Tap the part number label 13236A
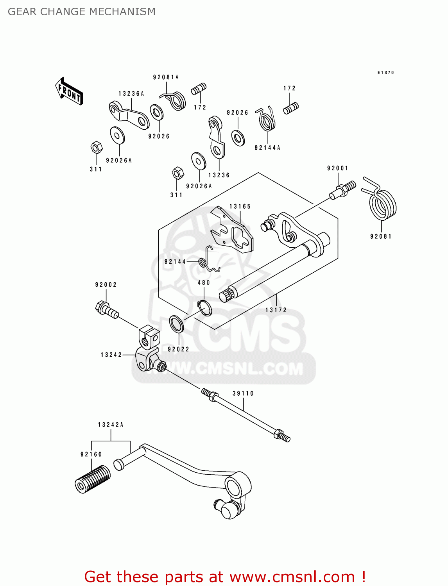(x=131, y=94)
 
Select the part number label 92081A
(x=166, y=77)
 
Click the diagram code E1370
(x=385, y=73)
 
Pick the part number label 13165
(x=240, y=206)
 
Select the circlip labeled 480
(x=205, y=308)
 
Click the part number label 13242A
(x=111, y=425)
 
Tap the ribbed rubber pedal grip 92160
(x=92, y=479)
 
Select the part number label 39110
(x=243, y=393)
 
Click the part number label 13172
(x=276, y=310)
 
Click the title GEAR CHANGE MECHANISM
(x=82, y=12)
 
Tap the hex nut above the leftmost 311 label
(x=96, y=148)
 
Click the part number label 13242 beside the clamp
(x=111, y=355)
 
